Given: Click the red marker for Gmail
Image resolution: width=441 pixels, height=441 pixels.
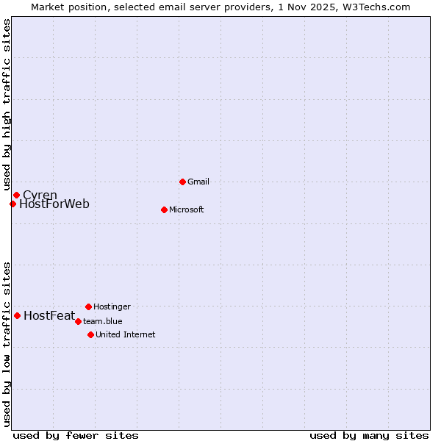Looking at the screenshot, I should [x=182, y=182].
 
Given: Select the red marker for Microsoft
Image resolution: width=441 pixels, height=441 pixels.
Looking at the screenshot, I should [x=164, y=209].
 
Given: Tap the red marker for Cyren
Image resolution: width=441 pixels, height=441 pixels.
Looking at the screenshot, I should [x=16, y=195].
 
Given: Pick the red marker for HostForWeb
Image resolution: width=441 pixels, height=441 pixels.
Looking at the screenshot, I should [x=12, y=204].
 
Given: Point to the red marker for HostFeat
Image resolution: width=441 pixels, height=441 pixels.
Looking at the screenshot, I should [x=17, y=315].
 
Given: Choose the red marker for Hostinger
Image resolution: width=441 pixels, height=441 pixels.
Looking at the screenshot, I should [x=88, y=306].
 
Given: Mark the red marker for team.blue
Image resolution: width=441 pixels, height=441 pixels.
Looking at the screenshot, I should [x=78, y=321].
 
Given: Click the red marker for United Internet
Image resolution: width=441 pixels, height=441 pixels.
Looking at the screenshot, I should [x=90, y=334].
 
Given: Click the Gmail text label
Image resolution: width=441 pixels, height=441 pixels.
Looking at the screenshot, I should [x=198, y=182].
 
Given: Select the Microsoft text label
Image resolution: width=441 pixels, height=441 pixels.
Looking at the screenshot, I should [x=186, y=209].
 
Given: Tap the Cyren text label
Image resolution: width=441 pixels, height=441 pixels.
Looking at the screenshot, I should [x=40, y=195].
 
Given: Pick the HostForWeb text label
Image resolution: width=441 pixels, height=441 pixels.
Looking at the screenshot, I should [x=54, y=204].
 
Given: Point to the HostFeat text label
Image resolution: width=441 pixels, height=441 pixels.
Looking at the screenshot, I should [x=49, y=316].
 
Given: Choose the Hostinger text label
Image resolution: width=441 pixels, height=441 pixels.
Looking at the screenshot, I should [x=112, y=306].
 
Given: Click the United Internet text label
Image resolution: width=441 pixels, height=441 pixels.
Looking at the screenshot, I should [x=125, y=334].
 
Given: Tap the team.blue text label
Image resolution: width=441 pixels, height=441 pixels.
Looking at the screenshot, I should [x=102, y=321].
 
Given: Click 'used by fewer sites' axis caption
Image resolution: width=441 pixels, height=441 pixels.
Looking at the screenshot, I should [x=76, y=435].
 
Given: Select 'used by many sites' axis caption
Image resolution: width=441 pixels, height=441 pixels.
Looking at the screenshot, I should [x=369, y=435].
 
